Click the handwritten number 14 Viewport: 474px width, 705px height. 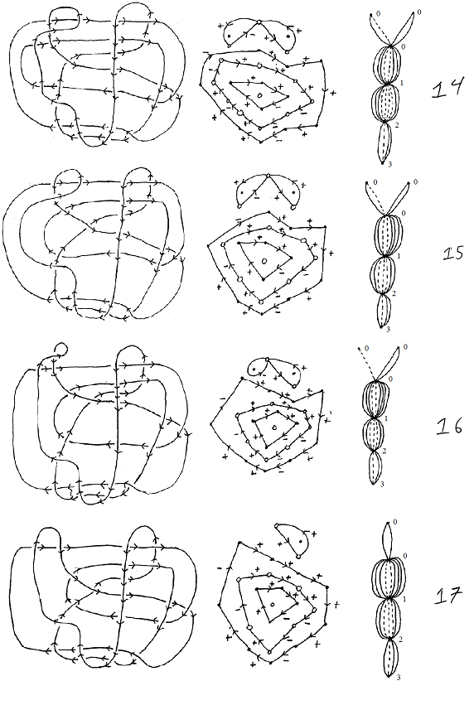[448, 88]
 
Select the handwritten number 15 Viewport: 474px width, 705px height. [453, 254]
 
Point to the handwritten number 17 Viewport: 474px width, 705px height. [448, 596]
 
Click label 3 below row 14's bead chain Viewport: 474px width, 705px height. [390, 165]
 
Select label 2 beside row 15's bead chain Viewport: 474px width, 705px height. [394, 293]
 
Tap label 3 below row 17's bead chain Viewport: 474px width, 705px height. [399, 677]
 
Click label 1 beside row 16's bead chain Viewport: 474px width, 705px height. [387, 419]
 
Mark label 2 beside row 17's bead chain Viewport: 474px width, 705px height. [400, 639]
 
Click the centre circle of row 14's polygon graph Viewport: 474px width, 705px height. [259, 95]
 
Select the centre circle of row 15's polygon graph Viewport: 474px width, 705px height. [264, 261]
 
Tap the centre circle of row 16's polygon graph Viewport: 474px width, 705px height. [274, 426]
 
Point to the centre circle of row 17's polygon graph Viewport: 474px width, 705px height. [273, 604]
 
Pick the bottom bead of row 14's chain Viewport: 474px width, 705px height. [384, 142]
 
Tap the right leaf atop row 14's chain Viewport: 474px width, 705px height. [404, 28]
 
